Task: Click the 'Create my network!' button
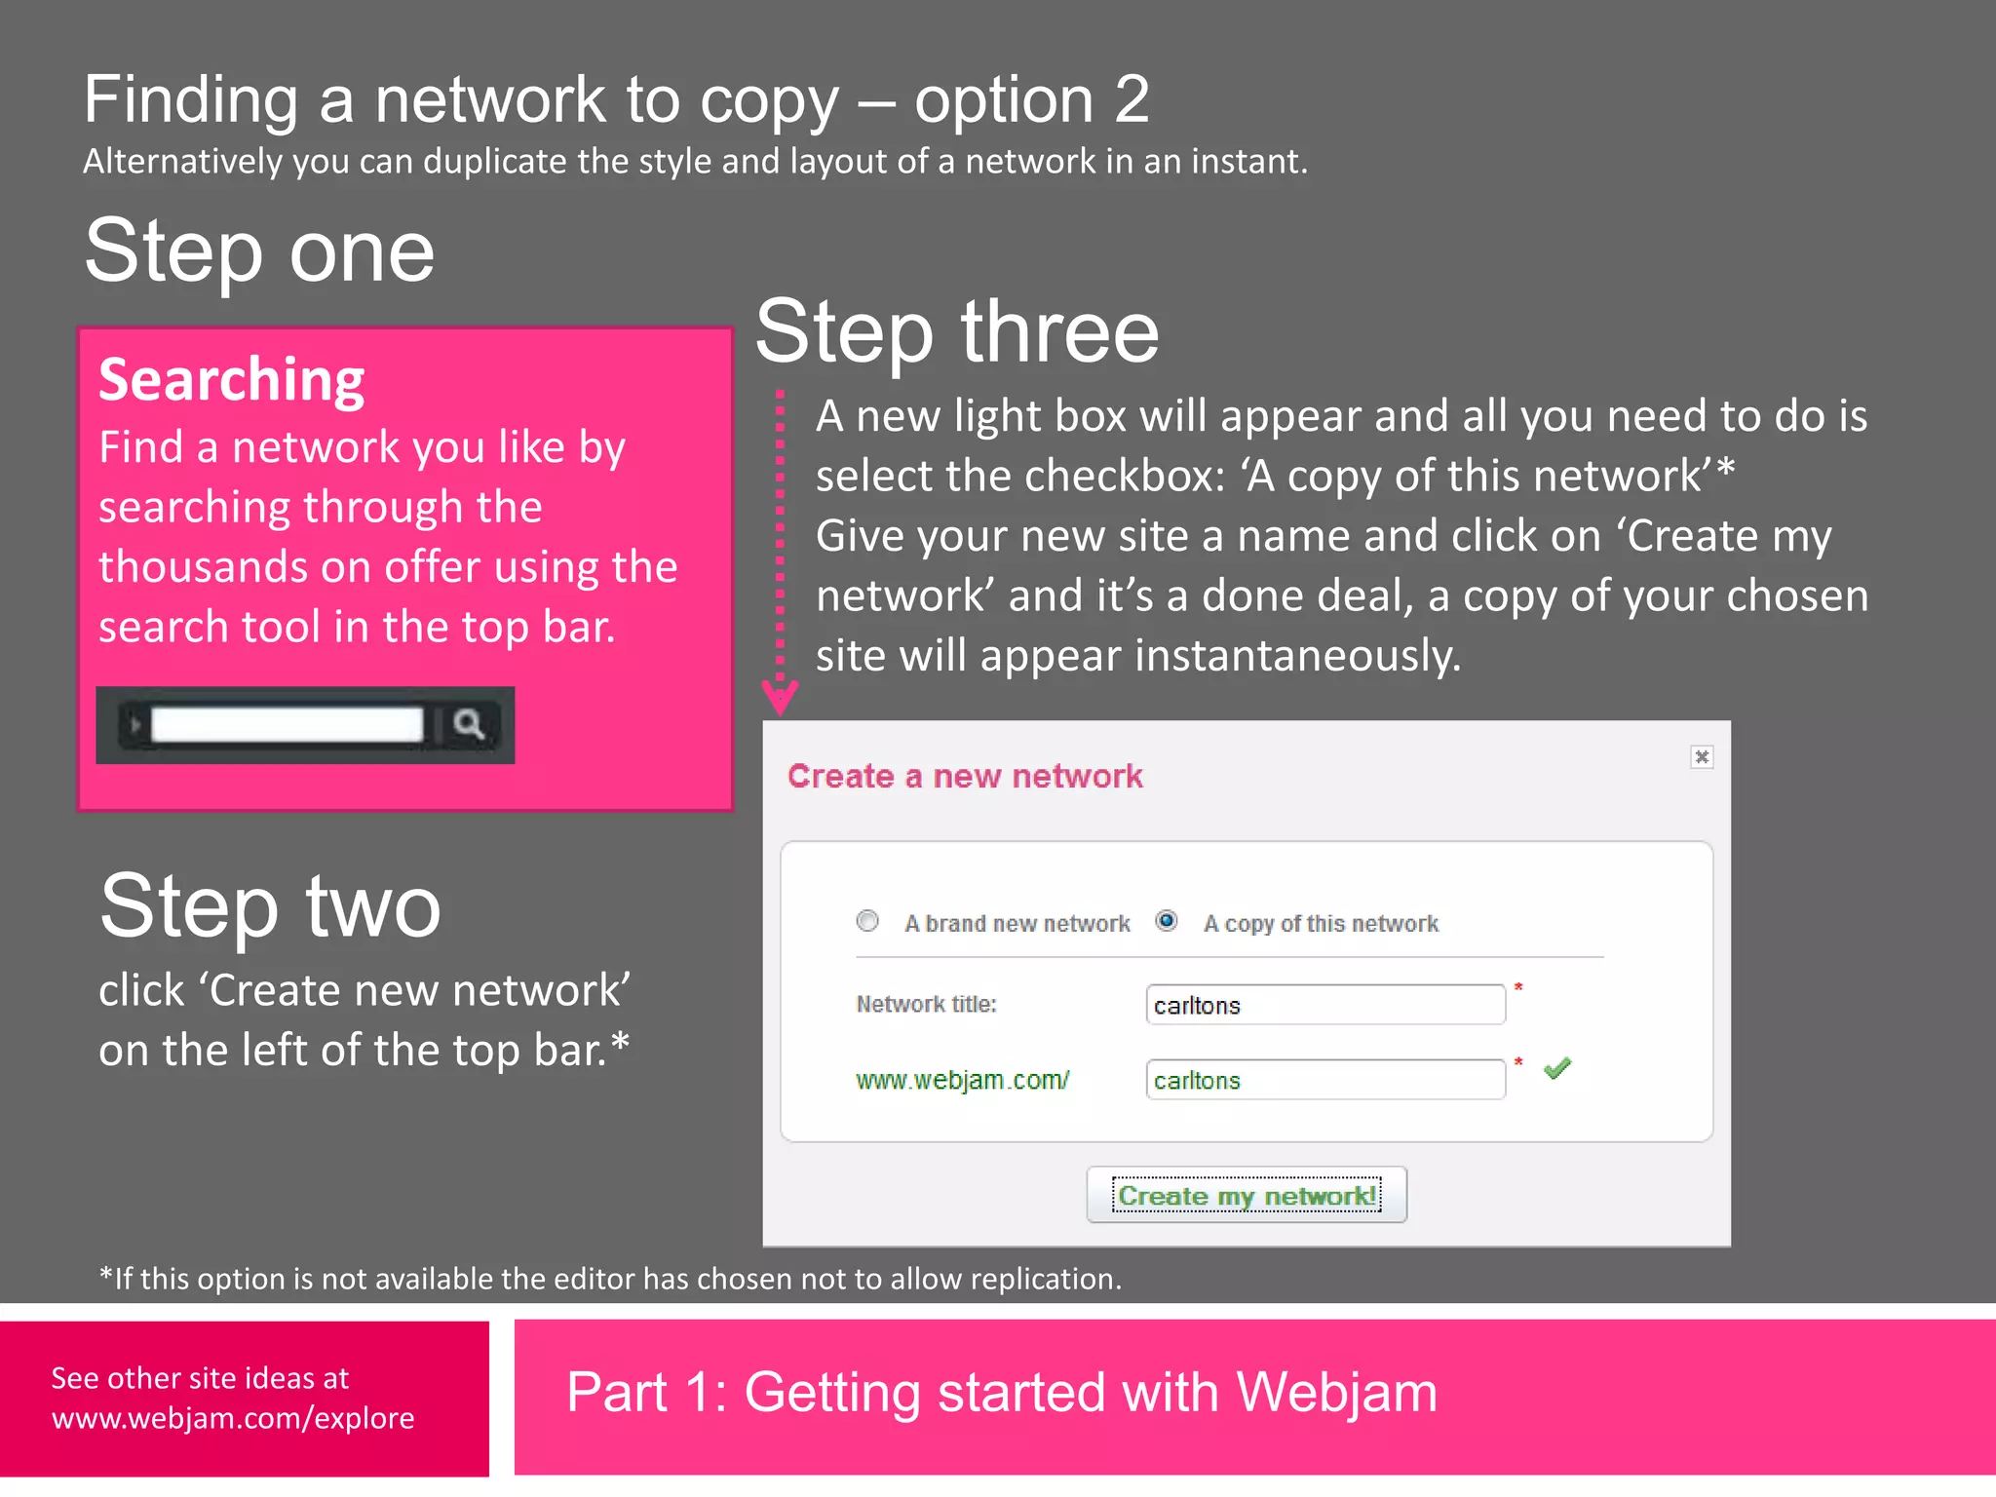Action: pyautogui.click(x=1246, y=1195)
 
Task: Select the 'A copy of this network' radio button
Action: pyautogui.click(x=1166, y=921)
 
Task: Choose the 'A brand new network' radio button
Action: pyautogui.click(x=867, y=921)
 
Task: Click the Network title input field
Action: pyautogui.click(x=1324, y=1005)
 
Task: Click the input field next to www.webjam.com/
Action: pyautogui.click(x=1324, y=1080)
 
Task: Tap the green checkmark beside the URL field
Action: pyautogui.click(x=1557, y=1068)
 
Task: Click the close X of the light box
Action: pyautogui.click(x=1701, y=757)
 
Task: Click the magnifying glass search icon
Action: pyautogui.click(x=469, y=724)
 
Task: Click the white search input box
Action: pyautogui.click(x=287, y=725)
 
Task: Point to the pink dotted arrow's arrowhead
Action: pyautogui.click(x=780, y=696)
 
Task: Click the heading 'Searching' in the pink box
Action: pyautogui.click(x=232, y=380)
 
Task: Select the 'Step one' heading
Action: pyautogui.click(x=259, y=251)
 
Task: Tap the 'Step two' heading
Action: pyautogui.click(x=270, y=906)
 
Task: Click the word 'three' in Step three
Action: pyautogui.click(x=1059, y=332)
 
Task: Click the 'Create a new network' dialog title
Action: pyautogui.click(x=964, y=777)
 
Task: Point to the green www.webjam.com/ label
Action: pyautogui.click(x=962, y=1080)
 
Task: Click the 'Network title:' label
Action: pyautogui.click(x=926, y=1005)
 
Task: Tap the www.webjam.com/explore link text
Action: pyautogui.click(x=233, y=1418)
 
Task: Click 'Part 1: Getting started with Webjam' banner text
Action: pyautogui.click(x=1001, y=1392)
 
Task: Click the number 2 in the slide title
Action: pyautogui.click(x=1132, y=99)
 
